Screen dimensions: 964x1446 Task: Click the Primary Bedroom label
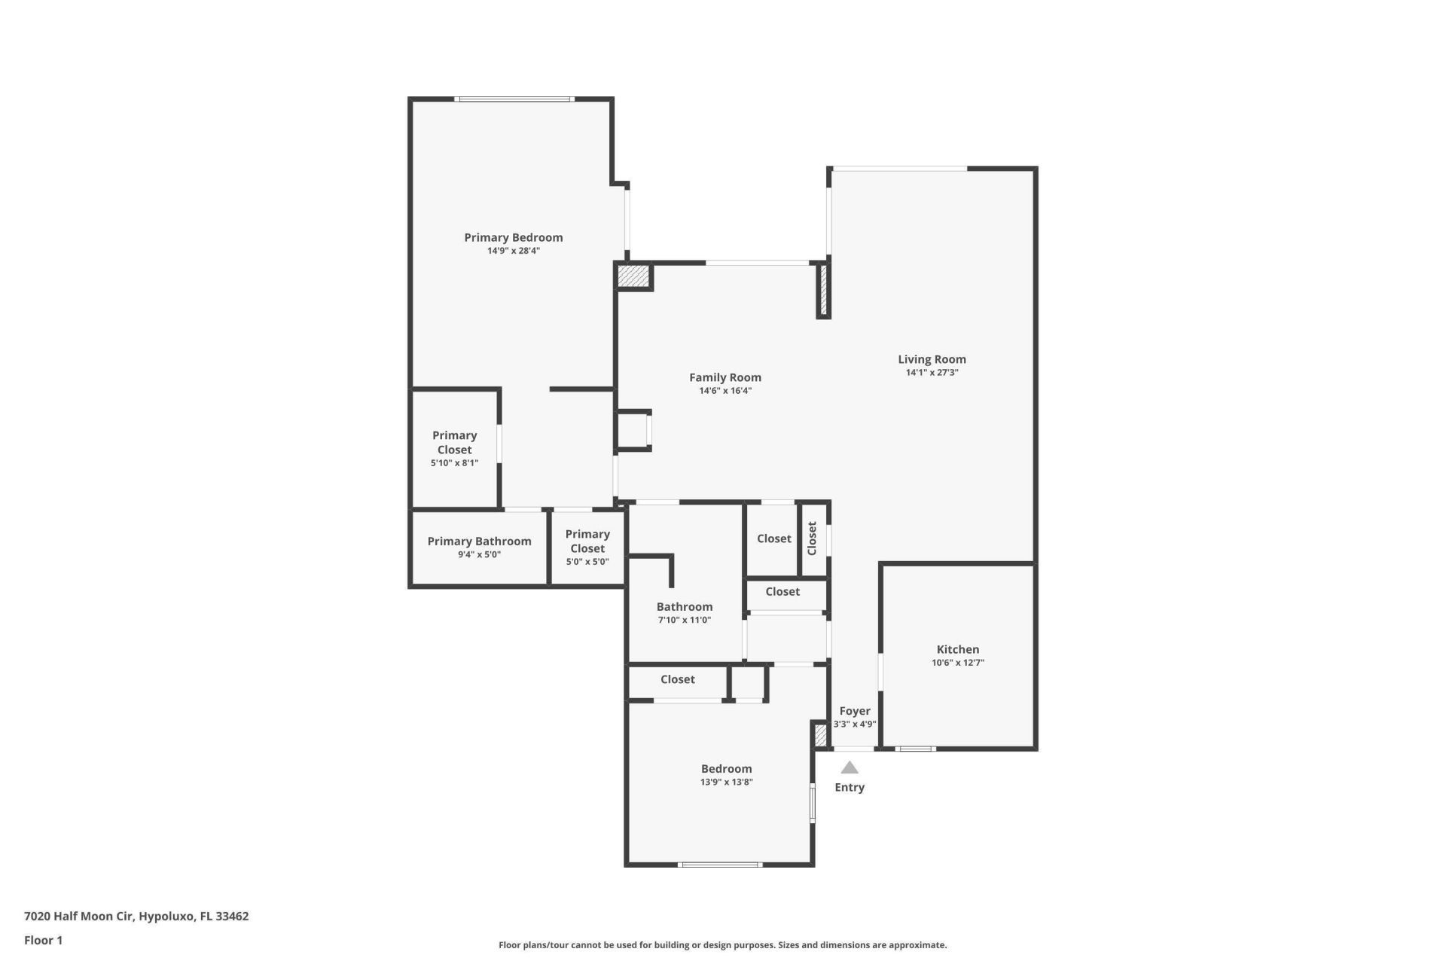(x=513, y=237)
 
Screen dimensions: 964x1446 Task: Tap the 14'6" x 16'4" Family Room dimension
(x=725, y=391)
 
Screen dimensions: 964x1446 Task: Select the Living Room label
(x=932, y=359)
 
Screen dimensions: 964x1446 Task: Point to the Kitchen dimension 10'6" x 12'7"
(x=957, y=663)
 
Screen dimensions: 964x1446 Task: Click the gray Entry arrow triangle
(x=850, y=768)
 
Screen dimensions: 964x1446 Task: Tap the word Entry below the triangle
(x=850, y=787)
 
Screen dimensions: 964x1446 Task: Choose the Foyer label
(x=855, y=711)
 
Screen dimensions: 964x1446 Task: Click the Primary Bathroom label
(x=479, y=541)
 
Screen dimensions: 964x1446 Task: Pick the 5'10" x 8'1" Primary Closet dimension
(x=454, y=463)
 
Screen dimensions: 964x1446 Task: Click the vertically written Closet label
(x=812, y=538)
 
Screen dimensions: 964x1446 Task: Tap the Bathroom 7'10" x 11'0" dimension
(x=684, y=621)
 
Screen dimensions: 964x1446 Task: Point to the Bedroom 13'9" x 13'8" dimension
(x=726, y=782)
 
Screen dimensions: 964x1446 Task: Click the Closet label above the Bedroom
(x=677, y=679)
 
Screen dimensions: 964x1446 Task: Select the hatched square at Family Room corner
(x=633, y=276)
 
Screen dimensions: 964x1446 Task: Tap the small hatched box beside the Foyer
(x=820, y=734)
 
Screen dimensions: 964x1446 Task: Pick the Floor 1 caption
(x=43, y=940)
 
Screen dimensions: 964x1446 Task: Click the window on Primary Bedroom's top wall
(x=514, y=99)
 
